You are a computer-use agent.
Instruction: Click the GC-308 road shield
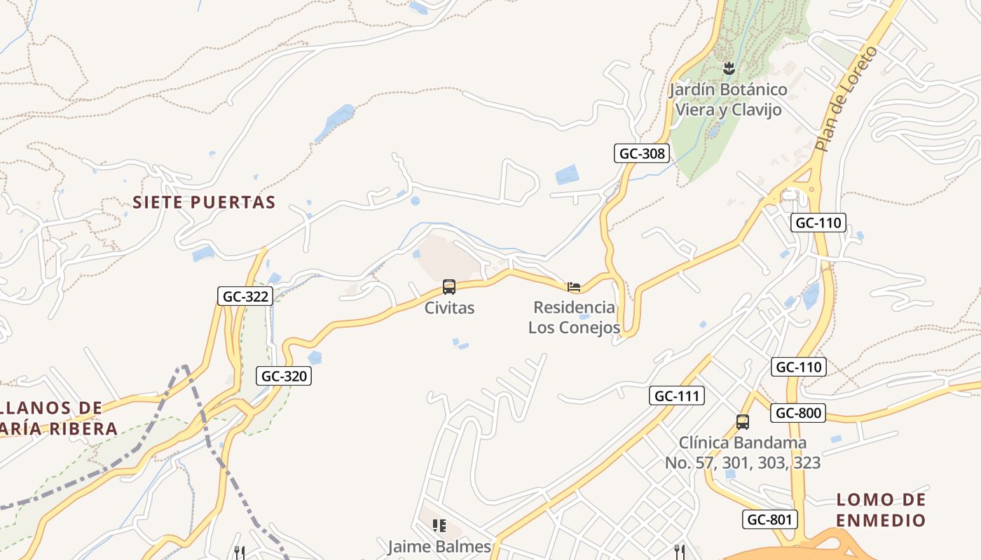click(642, 153)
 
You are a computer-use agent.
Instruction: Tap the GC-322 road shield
click(245, 296)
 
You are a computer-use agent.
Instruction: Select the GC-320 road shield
click(283, 376)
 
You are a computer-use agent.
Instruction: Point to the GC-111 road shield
click(676, 395)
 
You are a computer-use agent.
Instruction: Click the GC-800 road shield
click(797, 413)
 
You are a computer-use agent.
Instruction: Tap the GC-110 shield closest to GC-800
click(799, 367)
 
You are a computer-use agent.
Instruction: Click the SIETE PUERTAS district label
click(204, 202)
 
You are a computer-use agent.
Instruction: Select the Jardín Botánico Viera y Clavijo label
click(728, 99)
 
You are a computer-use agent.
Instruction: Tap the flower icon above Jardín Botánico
click(729, 68)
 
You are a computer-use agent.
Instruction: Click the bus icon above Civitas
click(449, 287)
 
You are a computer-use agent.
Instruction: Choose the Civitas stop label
click(449, 308)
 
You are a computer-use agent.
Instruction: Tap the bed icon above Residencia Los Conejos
click(574, 287)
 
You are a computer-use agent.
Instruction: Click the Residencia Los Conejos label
click(574, 317)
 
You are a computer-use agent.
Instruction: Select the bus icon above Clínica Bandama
click(743, 422)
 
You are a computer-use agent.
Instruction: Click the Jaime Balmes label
click(439, 546)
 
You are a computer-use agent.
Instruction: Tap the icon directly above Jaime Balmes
click(439, 526)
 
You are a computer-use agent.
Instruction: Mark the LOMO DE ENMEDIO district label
click(881, 510)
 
